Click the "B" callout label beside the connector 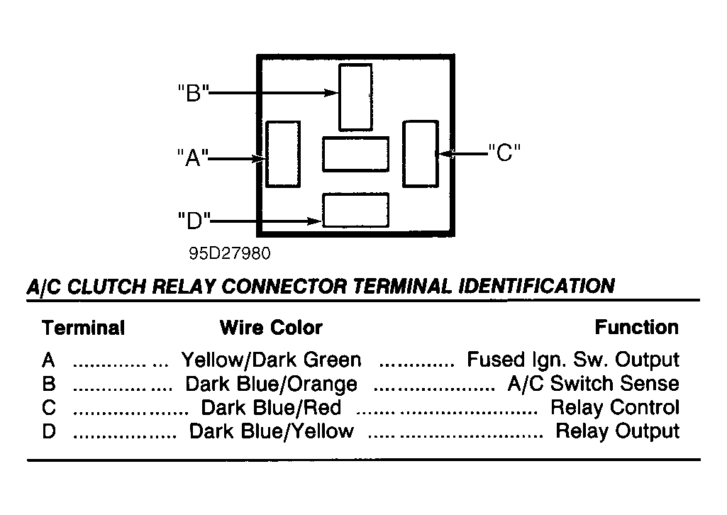(194, 93)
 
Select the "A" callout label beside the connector (193, 157)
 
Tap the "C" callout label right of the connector (504, 153)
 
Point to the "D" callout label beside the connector (194, 221)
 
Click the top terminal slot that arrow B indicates (355, 97)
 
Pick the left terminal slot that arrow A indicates (283, 155)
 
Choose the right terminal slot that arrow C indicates (421, 154)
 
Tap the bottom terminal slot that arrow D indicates (355, 211)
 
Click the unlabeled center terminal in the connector (355, 155)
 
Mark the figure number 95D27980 (230, 253)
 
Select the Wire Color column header (271, 328)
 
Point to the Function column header (637, 327)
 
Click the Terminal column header (84, 328)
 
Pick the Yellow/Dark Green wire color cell (271, 360)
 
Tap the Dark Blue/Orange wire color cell (271, 384)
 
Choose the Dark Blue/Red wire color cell (271, 408)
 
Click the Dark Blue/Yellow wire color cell (272, 431)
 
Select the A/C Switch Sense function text (594, 383)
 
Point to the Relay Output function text (618, 431)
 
